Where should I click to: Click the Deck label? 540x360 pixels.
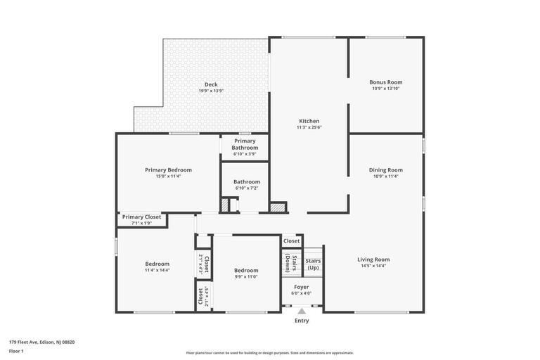click(x=211, y=84)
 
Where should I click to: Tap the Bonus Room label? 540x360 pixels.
click(x=386, y=82)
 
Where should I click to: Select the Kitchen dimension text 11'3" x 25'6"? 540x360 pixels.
click(x=309, y=127)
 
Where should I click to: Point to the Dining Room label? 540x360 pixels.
click(x=386, y=169)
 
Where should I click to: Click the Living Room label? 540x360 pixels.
click(x=373, y=259)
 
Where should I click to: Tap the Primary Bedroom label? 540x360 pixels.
click(x=168, y=169)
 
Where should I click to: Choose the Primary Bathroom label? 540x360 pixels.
click(x=245, y=144)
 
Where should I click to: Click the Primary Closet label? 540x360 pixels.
click(x=141, y=217)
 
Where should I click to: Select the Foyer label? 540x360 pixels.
click(x=301, y=287)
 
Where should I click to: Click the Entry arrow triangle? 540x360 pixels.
click(x=302, y=311)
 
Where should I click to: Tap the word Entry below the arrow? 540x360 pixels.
click(x=302, y=321)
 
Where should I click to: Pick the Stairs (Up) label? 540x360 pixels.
click(x=313, y=264)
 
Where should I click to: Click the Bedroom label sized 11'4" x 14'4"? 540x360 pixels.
click(x=157, y=264)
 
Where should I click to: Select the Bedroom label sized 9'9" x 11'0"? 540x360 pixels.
click(x=246, y=270)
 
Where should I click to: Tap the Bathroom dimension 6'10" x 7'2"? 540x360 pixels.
click(x=247, y=188)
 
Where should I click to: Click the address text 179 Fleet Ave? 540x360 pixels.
click(x=41, y=342)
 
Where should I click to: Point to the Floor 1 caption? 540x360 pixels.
click(x=16, y=350)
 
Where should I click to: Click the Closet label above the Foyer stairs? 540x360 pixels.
click(x=292, y=241)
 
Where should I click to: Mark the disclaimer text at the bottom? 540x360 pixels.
click(x=270, y=353)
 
